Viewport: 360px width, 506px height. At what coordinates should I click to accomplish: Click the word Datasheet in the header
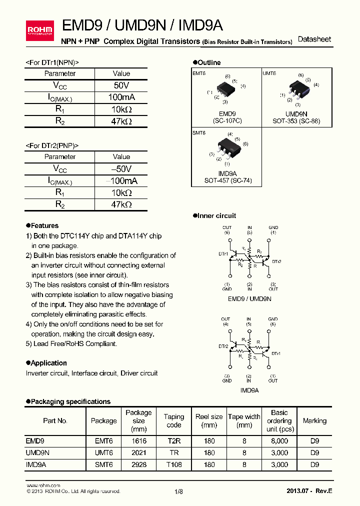314,39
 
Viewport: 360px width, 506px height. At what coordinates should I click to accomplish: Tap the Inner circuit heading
216,215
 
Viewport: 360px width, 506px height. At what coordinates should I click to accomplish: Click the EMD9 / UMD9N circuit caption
249,298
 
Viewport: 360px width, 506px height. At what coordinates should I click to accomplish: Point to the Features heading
44,225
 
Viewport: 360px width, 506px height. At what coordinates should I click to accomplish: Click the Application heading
48,363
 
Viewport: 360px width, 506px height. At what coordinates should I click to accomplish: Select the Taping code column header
174,420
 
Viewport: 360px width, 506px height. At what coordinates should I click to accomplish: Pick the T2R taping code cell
174,441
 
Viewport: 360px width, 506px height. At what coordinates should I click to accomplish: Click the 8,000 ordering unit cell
279,441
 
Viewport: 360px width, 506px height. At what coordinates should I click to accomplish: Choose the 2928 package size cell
138,464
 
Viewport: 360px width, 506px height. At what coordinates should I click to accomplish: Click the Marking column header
314,421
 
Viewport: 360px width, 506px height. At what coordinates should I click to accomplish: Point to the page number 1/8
178,491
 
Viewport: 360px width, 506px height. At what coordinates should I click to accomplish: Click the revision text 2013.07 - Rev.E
309,491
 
